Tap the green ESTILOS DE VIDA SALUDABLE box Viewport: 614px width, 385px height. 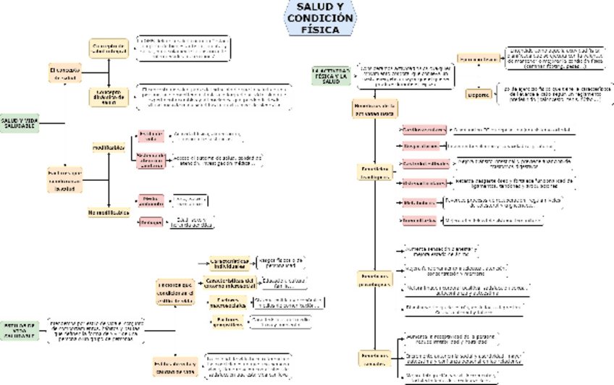pyautogui.click(x=18, y=330)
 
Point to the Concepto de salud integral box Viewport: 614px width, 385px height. pyautogui.click(x=109, y=48)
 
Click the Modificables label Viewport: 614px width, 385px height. pyautogui.click(x=109, y=147)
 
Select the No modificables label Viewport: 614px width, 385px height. pyautogui.click(x=109, y=213)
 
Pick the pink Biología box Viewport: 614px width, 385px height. pyautogui.click(x=151, y=223)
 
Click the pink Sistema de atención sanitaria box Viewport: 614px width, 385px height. pyautogui.click(x=151, y=161)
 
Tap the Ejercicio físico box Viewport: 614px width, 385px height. pyautogui.click(x=479, y=57)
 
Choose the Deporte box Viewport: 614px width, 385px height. pyautogui.click(x=479, y=93)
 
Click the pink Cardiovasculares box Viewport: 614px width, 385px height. pyautogui.click(x=424, y=129)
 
